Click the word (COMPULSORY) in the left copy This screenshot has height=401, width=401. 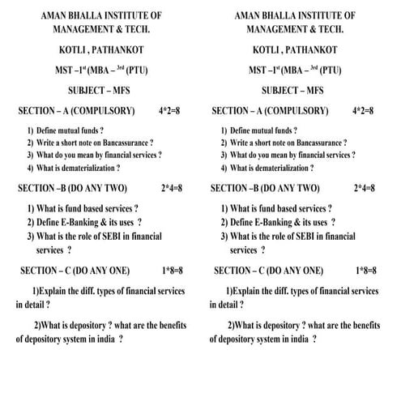pyautogui.click(x=104, y=109)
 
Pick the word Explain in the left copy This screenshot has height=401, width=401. pyautogui.click(x=55, y=290)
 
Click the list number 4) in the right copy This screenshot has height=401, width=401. pyautogui.click(x=224, y=168)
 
